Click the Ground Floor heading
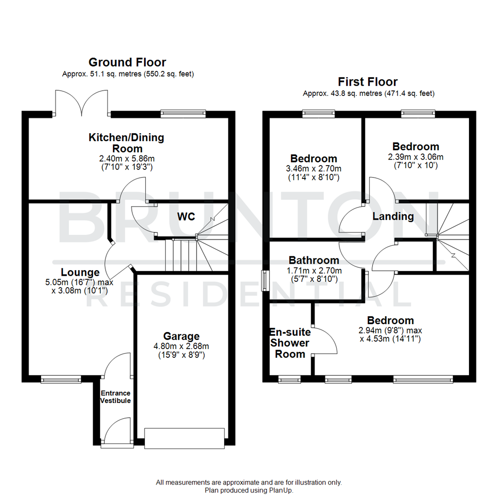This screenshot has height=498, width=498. coord(127,62)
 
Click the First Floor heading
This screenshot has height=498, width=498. coord(368,82)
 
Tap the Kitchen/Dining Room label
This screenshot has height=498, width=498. coord(126,143)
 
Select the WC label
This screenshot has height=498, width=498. coord(186,216)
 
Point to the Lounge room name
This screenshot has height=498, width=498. coord(80,272)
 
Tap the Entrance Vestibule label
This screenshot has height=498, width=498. coord(116,397)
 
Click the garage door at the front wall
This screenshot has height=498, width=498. coord(184,438)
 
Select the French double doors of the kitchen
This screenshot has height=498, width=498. coord(82,103)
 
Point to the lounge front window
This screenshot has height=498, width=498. coord(61,379)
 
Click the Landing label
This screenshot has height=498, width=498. coord(393,216)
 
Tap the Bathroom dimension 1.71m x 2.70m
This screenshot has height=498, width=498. coord(314,271)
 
